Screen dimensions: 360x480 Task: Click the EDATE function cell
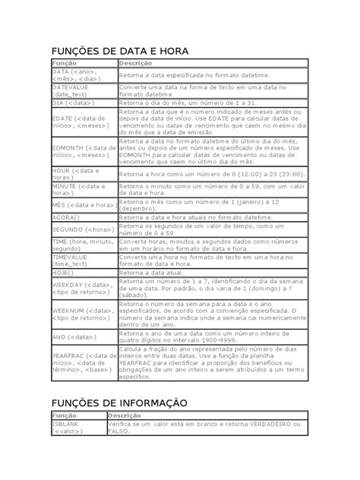click(x=82, y=122)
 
